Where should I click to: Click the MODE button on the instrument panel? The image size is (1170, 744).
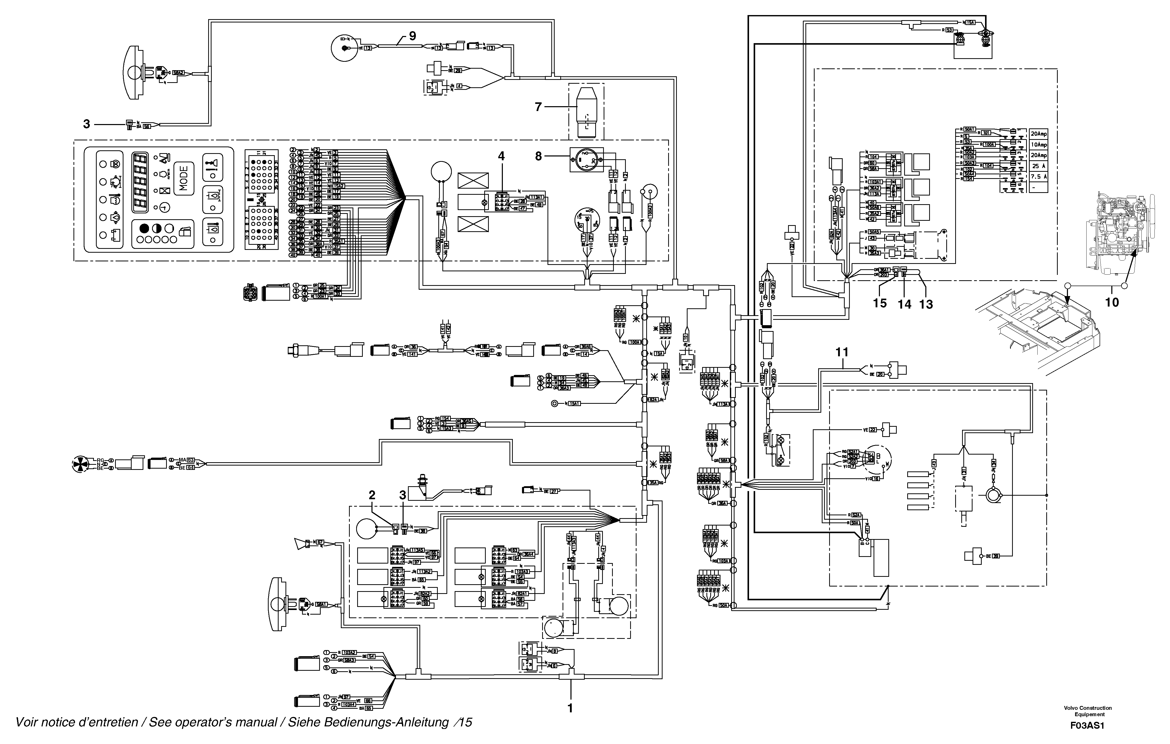coord(184,178)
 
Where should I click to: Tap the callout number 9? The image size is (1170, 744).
coord(412,35)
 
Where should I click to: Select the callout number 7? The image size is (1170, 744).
coord(538,107)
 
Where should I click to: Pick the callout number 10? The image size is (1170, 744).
coord(1112,302)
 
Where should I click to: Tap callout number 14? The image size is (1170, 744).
coord(904,304)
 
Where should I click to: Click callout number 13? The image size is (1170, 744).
coord(926,304)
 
